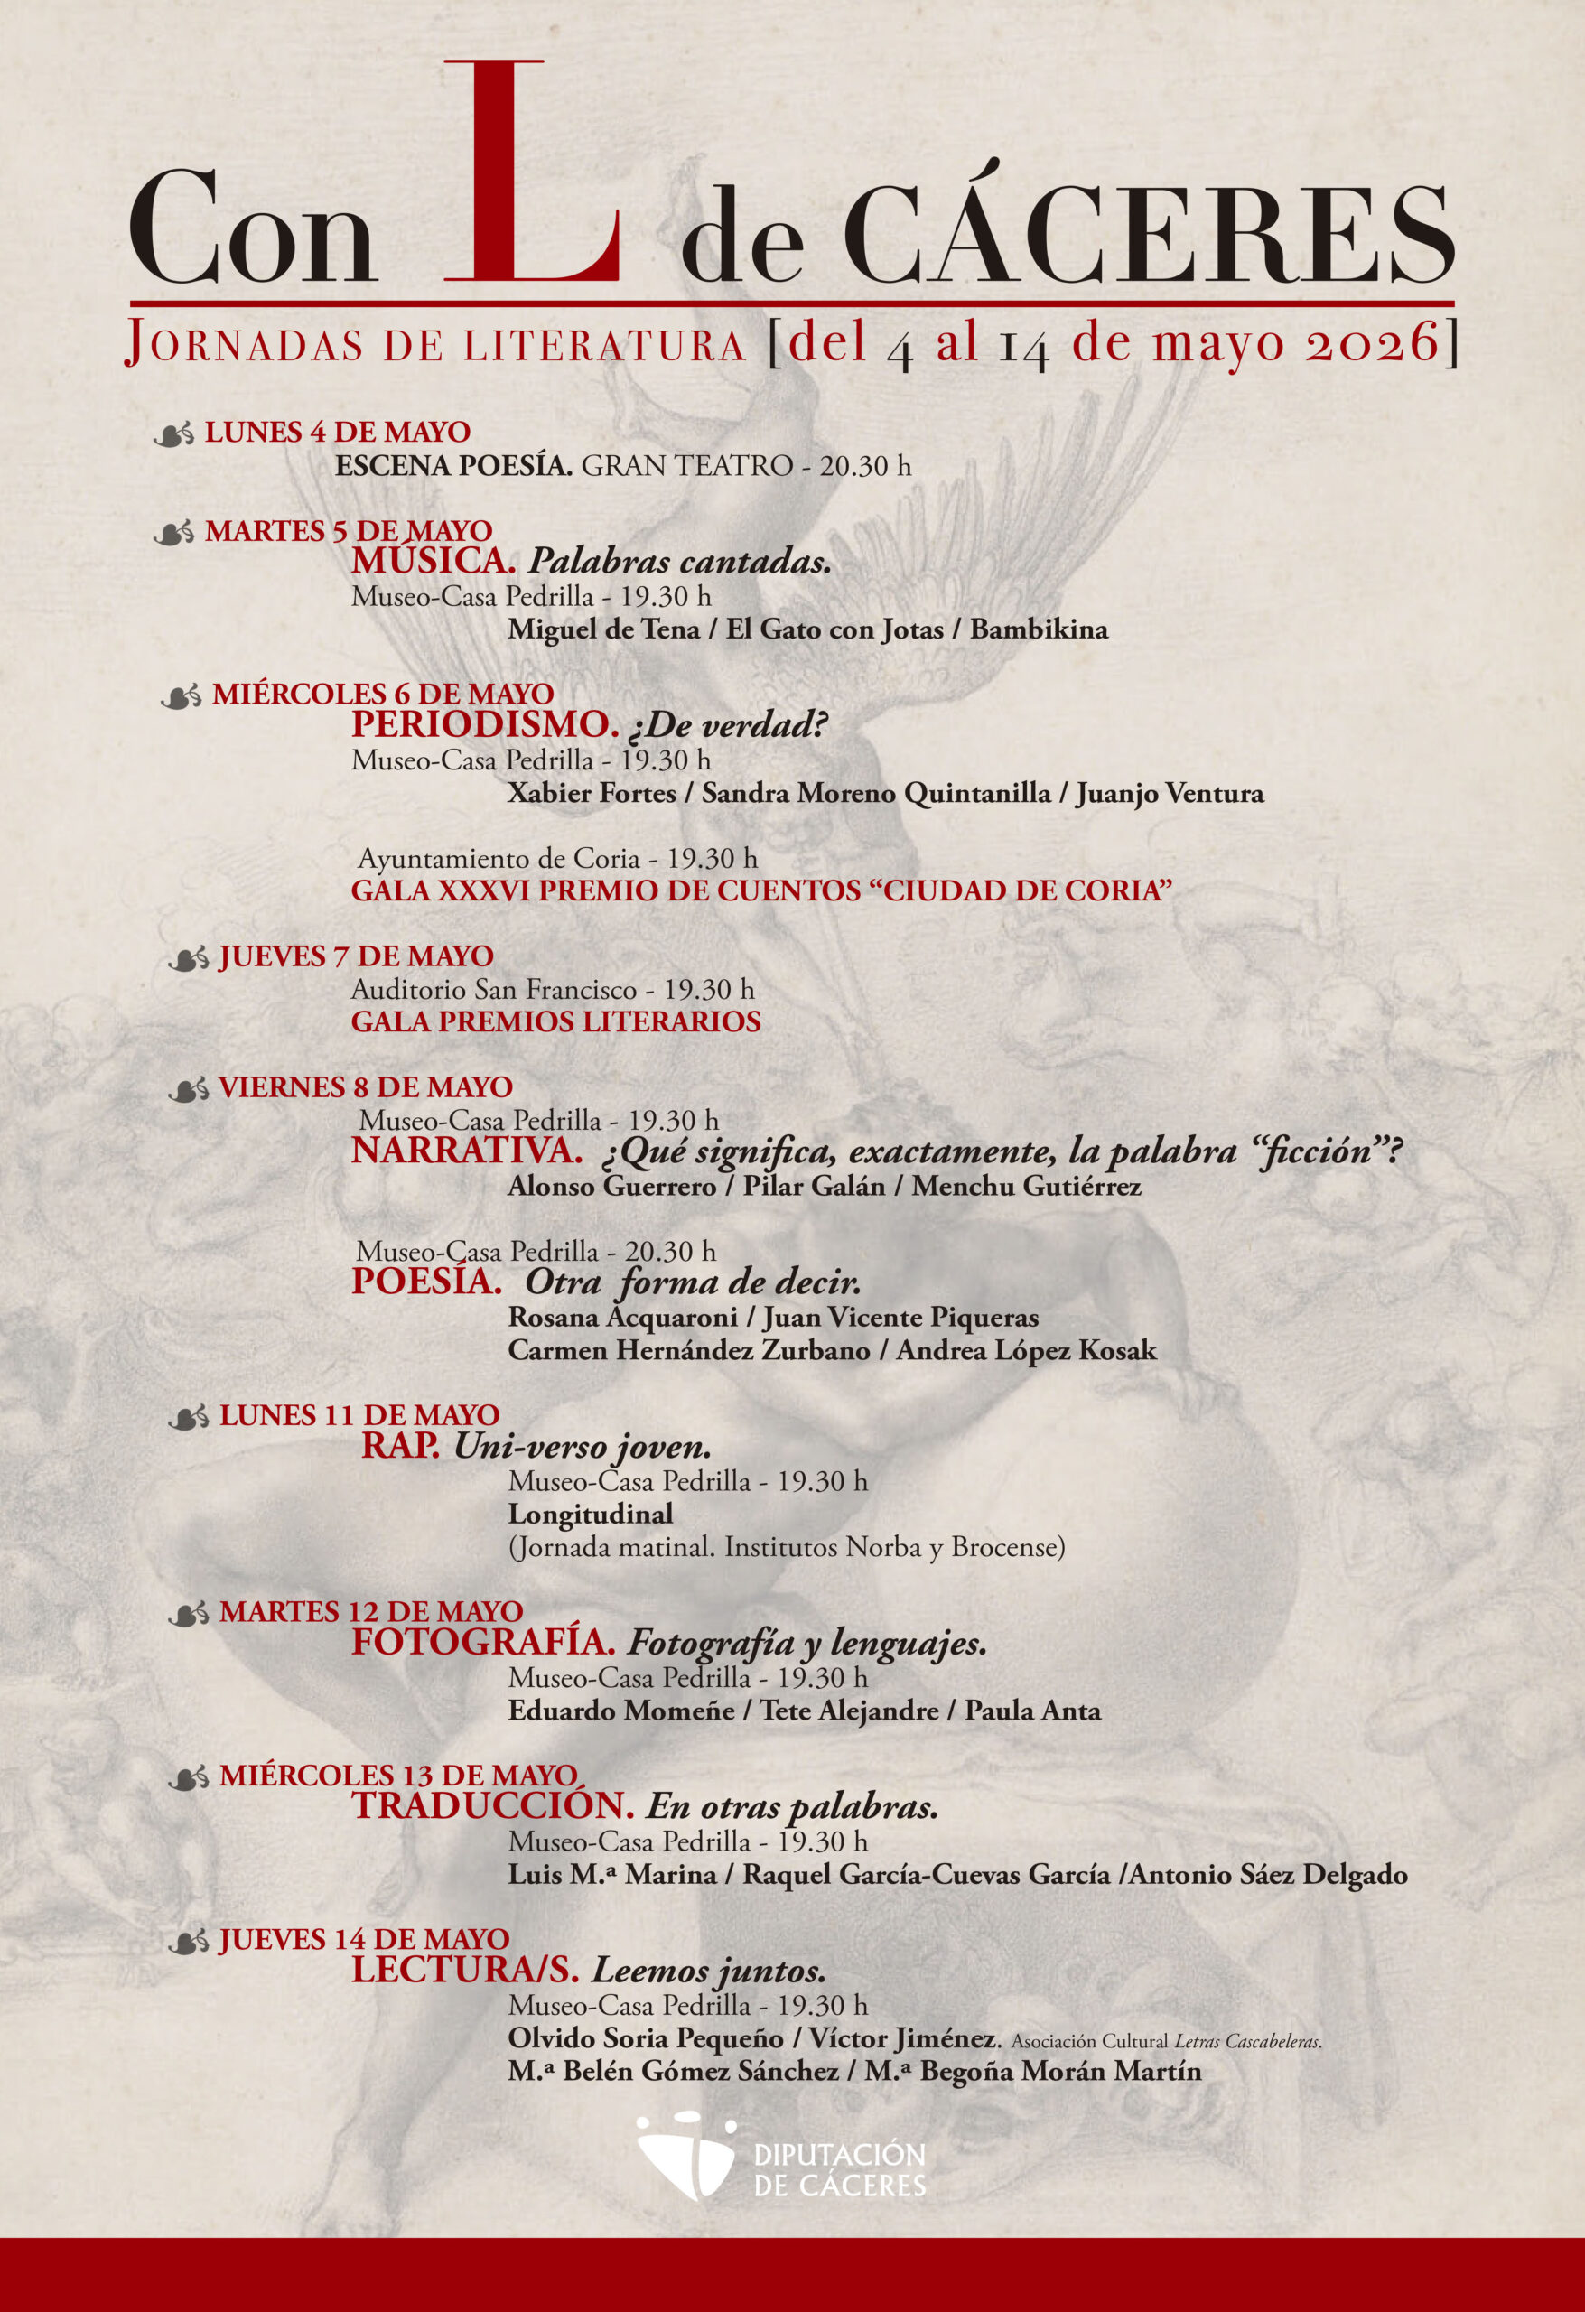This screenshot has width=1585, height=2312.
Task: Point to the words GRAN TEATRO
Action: tap(686, 466)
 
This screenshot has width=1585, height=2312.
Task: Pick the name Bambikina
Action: tap(1039, 629)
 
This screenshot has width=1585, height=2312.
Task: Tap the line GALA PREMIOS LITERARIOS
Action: tap(555, 1021)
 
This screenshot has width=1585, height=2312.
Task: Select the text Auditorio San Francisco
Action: tap(492, 990)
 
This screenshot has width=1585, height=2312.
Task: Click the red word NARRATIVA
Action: tap(467, 1151)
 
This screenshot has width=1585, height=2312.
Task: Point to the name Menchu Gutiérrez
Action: tap(1026, 1186)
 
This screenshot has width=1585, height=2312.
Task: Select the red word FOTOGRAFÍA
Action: tap(482, 1644)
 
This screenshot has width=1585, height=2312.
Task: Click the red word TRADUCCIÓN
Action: tap(492, 1806)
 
